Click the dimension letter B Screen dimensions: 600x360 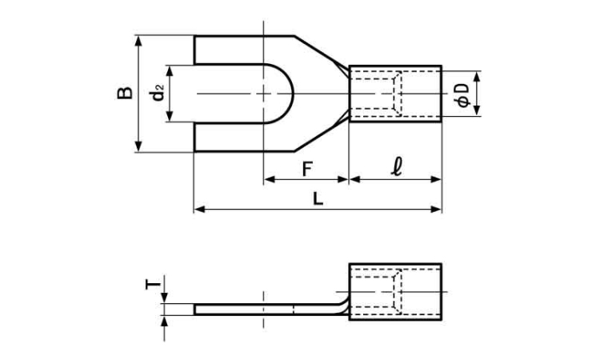(x=125, y=94)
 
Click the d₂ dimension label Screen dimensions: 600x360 (x=158, y=93)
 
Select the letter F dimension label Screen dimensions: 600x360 (x=307, y=169)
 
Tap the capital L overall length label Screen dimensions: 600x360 (x=318, y=198)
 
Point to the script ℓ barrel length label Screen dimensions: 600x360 (x=397, y=166)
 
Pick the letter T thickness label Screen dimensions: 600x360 (x=152, y=284)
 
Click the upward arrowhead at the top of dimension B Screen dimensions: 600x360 (x=139, y=41)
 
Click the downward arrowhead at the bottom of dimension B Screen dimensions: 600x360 (x=139, y=146)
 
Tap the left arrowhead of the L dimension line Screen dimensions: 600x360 (x=199, y=210)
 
